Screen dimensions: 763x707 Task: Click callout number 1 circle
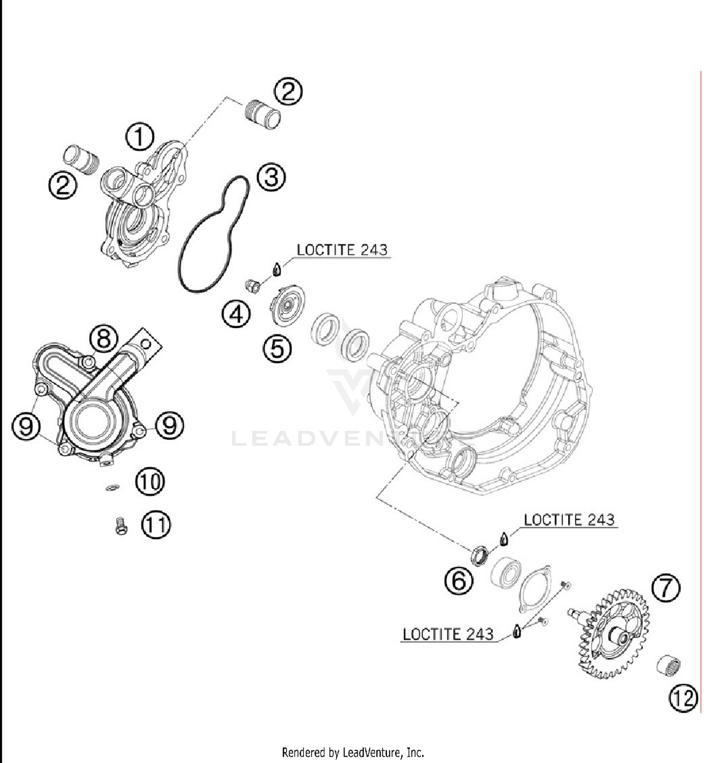click(140, 137)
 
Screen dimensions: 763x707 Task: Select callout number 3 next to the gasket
click(271, 177)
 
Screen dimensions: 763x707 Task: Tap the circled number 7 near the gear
click(666, 588)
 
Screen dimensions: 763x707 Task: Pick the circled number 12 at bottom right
click(683, 697)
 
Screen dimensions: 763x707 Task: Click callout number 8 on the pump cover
click(104, 338)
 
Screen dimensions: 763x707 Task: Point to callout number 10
click(150, 481)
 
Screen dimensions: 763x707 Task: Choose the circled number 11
click(156, 524)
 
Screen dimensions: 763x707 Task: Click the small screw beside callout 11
click(121, 525)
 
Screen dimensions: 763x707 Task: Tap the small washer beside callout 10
click(112, 487)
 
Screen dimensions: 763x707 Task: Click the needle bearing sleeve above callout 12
click(669, 664)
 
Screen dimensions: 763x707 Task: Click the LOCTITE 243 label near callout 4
click(342, 250)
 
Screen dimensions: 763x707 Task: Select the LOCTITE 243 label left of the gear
click(448, 634)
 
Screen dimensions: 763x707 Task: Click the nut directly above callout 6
click(480, 554)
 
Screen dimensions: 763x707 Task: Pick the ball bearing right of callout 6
click(506, 573)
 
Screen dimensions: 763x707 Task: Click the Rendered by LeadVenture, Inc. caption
click(353, 751)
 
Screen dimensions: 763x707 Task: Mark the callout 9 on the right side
click(170, 425)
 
